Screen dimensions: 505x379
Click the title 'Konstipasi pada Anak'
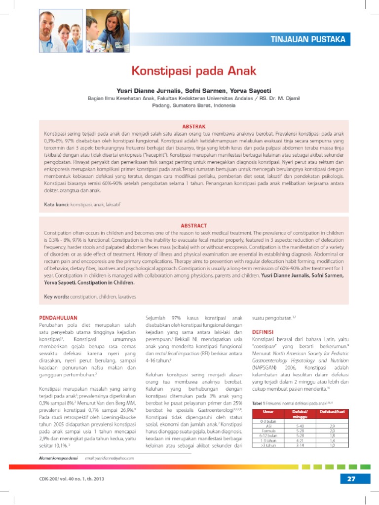click(x=193, y=71)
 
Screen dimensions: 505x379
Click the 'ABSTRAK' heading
click(x=193, y=127)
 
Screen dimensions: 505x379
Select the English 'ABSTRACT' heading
click(x=193, y=225)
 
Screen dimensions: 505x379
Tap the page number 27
click(x=351, y=478)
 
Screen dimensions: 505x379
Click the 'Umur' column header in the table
click(x=268, y=411)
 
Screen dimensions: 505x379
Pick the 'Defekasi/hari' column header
click(x=332, y=411)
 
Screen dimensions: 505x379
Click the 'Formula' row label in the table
click(x=268, y=430)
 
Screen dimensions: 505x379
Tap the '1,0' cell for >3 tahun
click(x=332, y=445)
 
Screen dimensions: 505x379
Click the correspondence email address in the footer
click(x=109, y=458)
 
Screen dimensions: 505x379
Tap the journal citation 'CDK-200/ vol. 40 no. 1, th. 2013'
click(x=72, y=478)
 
